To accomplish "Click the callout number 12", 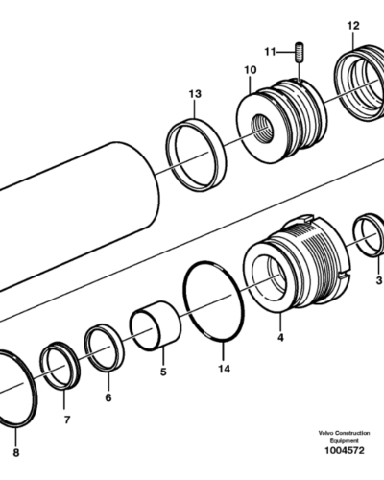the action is click(x=353, y=26).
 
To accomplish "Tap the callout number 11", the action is click(x=270, y=52).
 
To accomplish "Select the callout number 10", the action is click(x=251, y=70).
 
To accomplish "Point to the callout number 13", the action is click(x=195, y=94).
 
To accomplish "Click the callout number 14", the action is click(x=224, y=369).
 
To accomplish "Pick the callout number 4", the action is click(x=280, y=337).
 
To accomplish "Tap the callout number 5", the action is click(x=163, y=372).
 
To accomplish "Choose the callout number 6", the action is click(x=108, y=397).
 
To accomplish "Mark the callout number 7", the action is click(x=67, y=420).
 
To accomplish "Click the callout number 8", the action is click(x=16, y=453).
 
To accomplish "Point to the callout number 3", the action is click(x=379, y=280).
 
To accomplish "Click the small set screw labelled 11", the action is click(x=300, y=52).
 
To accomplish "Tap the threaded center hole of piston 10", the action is click(x=262, y=129).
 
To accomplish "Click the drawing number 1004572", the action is click(x=345, y=451).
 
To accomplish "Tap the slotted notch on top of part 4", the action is click(x=305, y=219).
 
